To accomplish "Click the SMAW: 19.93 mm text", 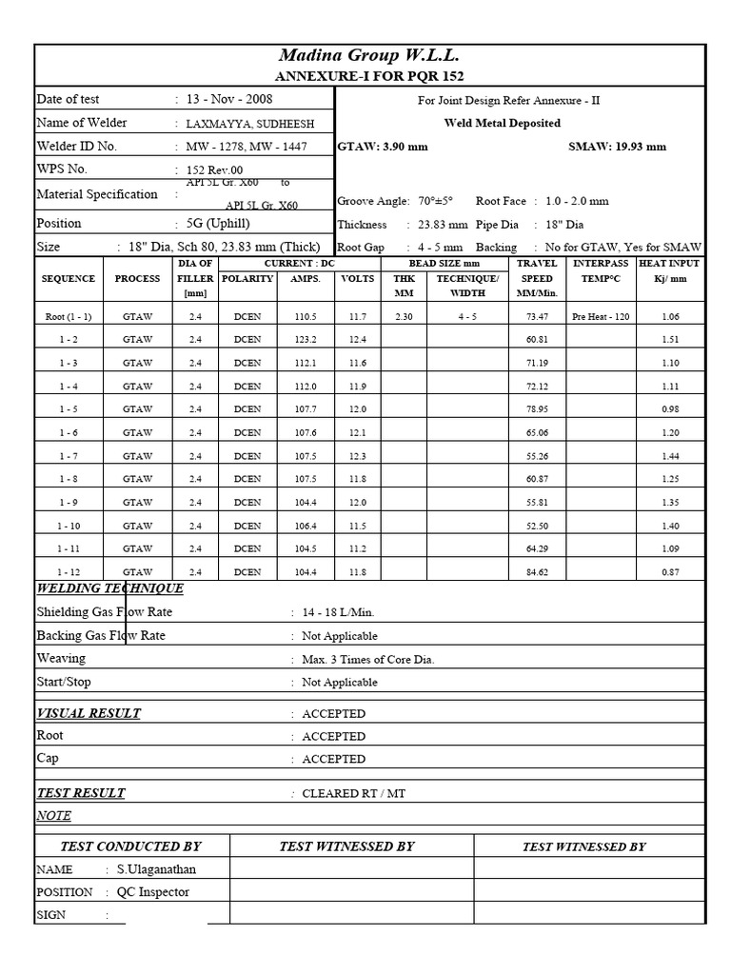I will [617, 147].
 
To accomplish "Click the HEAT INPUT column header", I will [669, 270].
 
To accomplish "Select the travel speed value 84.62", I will [537, 572].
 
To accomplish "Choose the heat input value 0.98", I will [669, 409].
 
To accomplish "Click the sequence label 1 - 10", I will [69, 526].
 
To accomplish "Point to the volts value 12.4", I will [357, 339].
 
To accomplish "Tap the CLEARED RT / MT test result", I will [353, 793].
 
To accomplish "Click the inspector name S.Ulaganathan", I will [157, 869].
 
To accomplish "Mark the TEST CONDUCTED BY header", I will [130, 846].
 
